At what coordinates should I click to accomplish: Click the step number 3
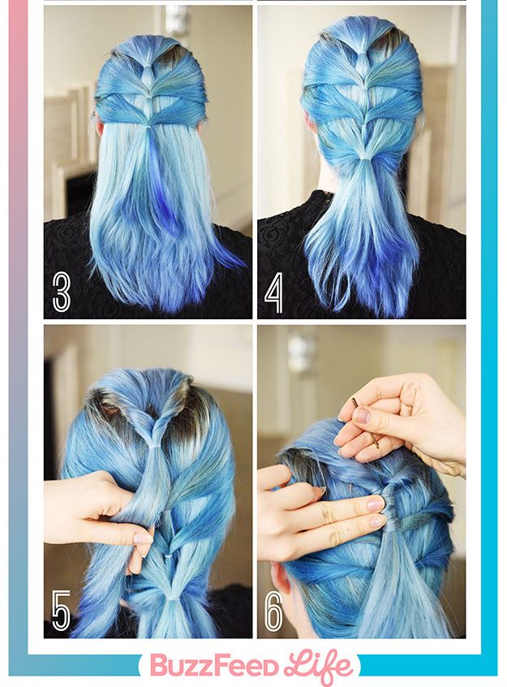point(62,292)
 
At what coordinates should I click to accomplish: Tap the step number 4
point(273,292)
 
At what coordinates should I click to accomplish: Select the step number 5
point(61,611)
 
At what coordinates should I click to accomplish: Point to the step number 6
point(273,611)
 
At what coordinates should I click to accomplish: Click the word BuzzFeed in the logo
point(213,667)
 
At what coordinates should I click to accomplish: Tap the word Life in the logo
point(318,666)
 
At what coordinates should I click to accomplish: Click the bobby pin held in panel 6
point(366,424)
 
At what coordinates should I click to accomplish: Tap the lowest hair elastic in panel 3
point(148,126)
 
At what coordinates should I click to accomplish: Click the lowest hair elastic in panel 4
point(363,158)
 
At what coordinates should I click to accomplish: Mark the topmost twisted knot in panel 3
point(148,69)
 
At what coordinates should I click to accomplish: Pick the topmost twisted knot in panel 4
point(362,51)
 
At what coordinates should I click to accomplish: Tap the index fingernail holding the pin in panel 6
point(362,414)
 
